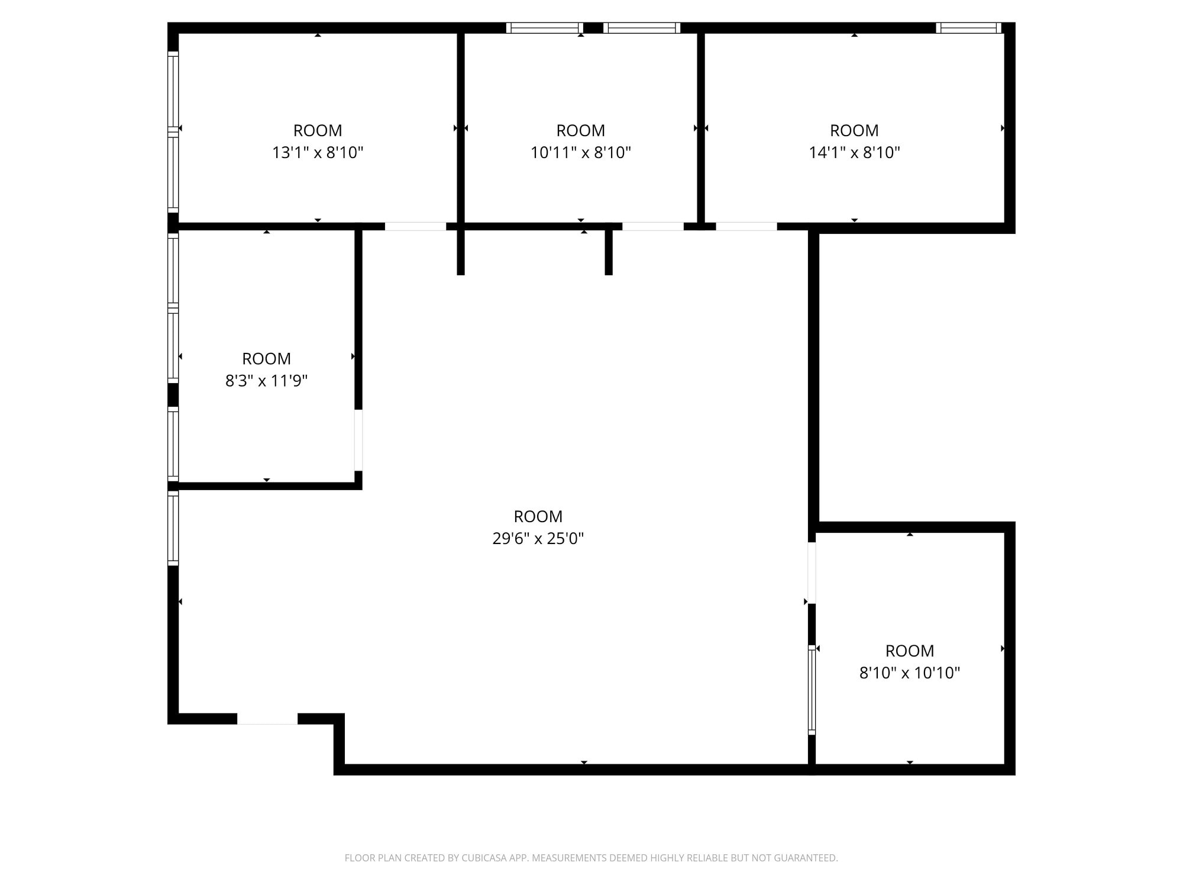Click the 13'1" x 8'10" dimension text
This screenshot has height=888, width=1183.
(318, 153)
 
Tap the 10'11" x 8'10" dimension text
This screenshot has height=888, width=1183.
(581, 153)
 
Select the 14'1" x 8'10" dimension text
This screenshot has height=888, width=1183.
(854, 153)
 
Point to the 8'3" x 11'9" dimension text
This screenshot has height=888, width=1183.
(266, 381)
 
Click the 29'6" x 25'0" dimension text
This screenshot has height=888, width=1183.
(538, 539)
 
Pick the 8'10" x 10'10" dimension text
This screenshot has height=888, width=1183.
(909, 673)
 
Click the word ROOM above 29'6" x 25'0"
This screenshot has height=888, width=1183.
(538, 516)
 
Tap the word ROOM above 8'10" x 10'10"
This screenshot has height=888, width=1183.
(909, 651)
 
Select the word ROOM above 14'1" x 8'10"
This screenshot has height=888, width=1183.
(854, 130)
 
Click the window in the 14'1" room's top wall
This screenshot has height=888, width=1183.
(968, 28)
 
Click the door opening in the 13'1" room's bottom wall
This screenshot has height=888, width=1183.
(415, 226)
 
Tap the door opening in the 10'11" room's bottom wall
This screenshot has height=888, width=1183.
(652, 226)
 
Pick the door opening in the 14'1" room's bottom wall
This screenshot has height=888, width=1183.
(746, 226)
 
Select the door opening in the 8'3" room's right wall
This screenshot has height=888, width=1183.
(358, 440)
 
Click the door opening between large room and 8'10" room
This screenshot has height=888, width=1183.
(812, 572)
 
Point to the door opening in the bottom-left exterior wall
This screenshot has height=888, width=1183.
(267, 719)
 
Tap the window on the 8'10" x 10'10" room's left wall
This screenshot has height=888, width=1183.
(812, 690)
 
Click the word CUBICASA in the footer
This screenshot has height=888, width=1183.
(484, 858)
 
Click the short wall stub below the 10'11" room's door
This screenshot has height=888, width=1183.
(609, 253)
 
